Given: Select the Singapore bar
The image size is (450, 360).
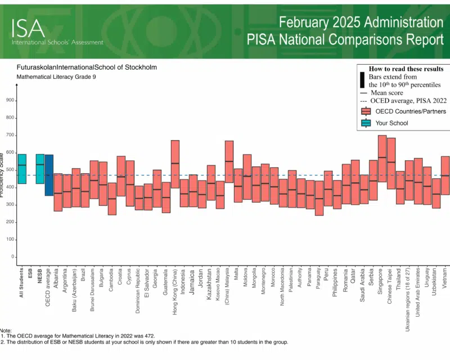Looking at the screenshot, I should (382, 158).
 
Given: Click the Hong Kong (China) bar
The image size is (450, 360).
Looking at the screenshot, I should (175, 164).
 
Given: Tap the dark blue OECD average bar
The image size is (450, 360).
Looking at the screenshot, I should (49, 175).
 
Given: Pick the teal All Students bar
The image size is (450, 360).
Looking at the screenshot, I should (22, 169).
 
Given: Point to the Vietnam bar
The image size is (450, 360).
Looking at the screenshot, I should (445, 175).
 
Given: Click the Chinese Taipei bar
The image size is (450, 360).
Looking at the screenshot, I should (391, 163).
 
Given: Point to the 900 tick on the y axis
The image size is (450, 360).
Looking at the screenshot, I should (10, 101).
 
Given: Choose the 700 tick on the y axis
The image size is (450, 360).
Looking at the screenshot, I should (10, 136).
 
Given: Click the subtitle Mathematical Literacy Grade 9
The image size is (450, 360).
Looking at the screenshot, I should (56, 76).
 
